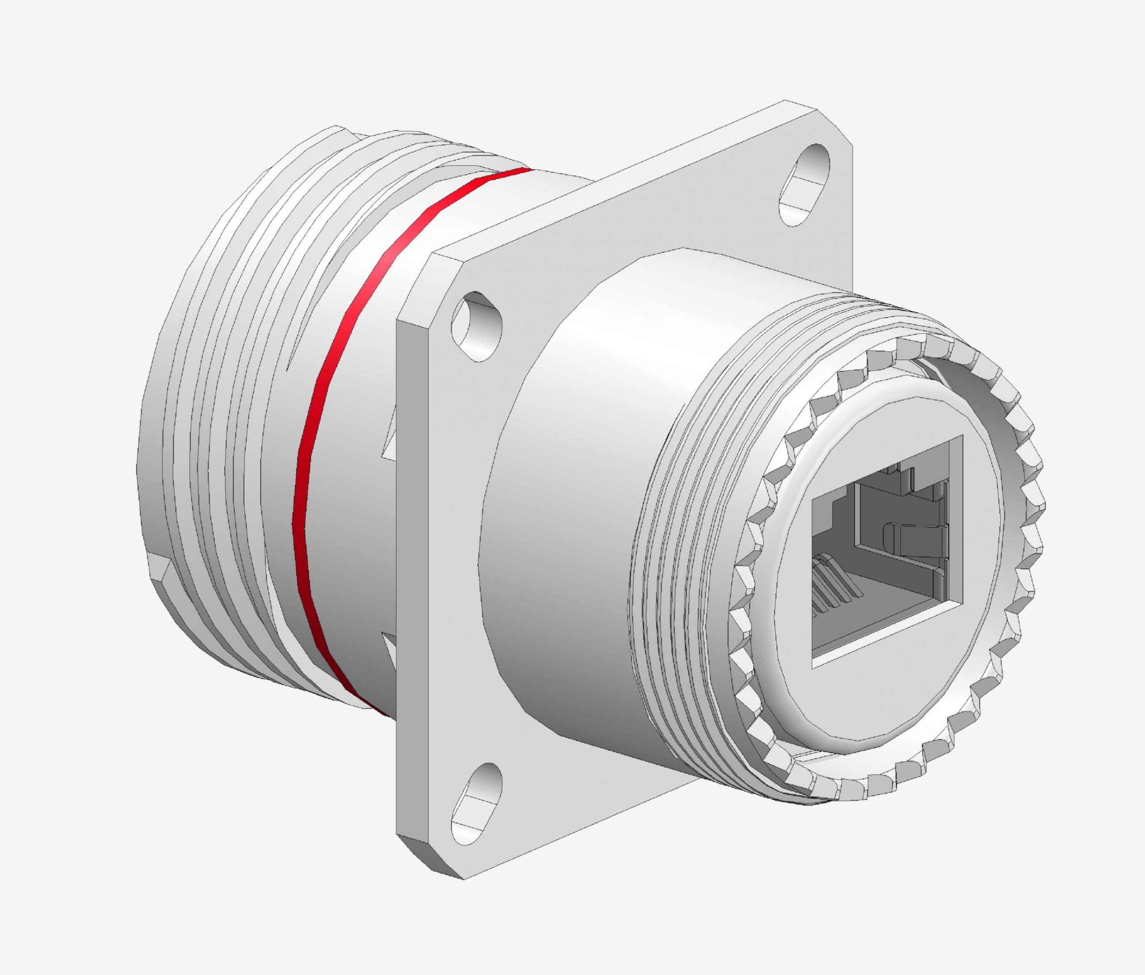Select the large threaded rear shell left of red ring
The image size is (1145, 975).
210,442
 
